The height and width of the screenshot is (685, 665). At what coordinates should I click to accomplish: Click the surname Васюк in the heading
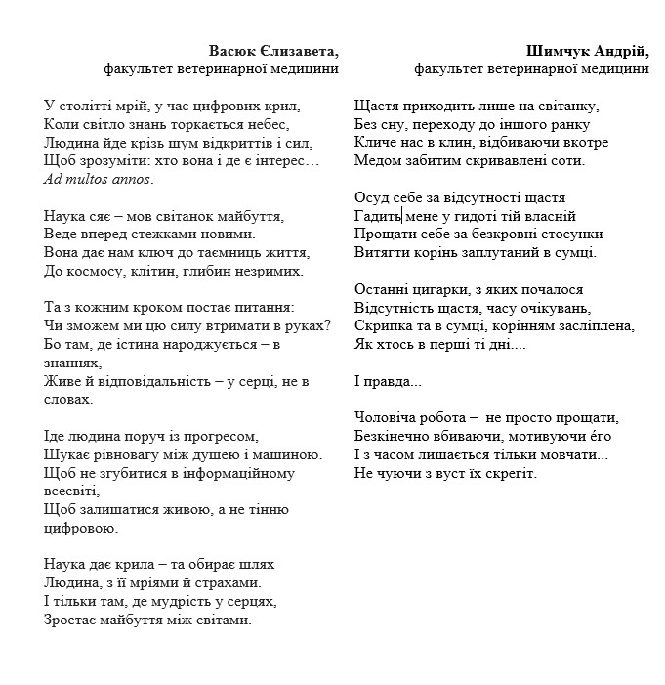point(231,51)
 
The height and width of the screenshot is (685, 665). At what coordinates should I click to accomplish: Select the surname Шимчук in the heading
point(557,51)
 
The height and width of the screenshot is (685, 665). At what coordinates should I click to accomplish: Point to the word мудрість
point(187,601)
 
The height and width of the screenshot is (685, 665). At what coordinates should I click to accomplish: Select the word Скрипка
point(381,326)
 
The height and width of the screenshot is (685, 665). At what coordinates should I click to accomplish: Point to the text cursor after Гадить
point(401,216)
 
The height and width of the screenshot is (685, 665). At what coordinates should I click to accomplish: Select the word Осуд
point(372,197)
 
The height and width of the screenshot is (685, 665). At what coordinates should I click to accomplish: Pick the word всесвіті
point(72,491)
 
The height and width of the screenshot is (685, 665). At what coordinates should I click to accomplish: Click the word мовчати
point(575,454)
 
